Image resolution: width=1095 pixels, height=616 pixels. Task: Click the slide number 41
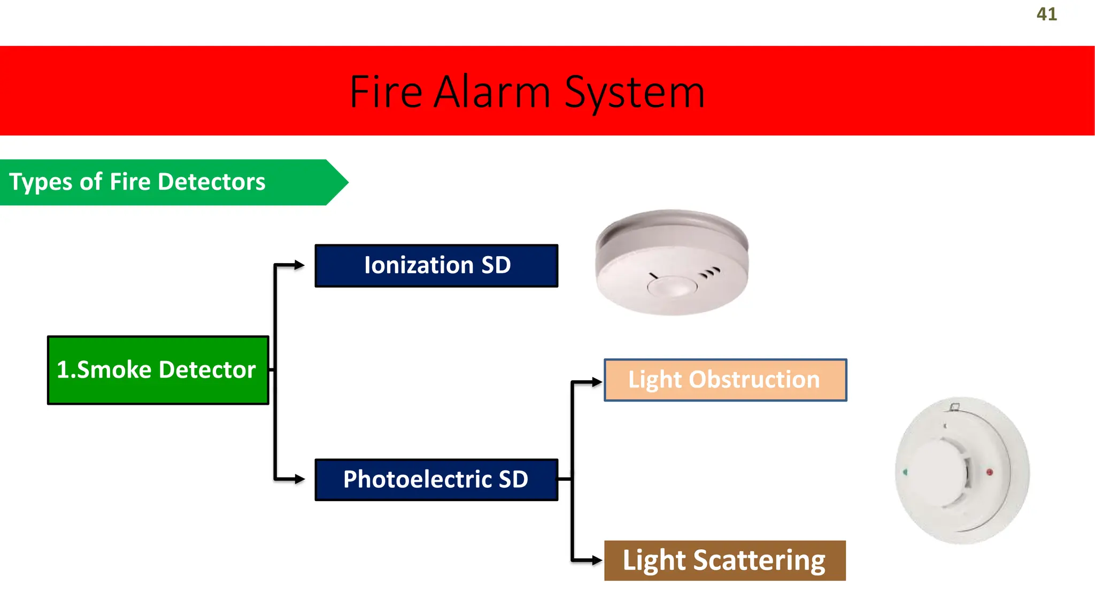pos(1046,14)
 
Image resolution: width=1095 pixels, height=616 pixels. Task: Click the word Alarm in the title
pos(491,92)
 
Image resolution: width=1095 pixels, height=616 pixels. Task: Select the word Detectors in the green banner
pos(212,182)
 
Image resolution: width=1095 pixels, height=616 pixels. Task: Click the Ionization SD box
pos(436,266)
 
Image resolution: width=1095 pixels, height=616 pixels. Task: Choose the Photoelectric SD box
pos(436,480)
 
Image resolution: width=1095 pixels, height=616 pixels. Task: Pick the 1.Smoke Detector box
pos(158,370)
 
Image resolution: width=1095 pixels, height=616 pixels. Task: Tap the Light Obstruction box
pos(725,380)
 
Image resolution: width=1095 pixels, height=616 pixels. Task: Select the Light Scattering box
pos(725,560)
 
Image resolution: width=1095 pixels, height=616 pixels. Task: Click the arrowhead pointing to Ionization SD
pos(299,265)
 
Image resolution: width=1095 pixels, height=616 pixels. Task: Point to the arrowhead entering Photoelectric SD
pos(299,479)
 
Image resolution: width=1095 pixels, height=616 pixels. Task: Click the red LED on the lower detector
pos(989,472)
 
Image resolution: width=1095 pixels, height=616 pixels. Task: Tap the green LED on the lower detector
pos(905,472)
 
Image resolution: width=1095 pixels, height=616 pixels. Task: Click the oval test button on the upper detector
pos(672,286)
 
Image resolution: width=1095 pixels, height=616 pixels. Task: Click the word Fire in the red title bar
pos(386,92)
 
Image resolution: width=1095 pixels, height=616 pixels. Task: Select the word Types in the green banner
pos(41,182)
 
